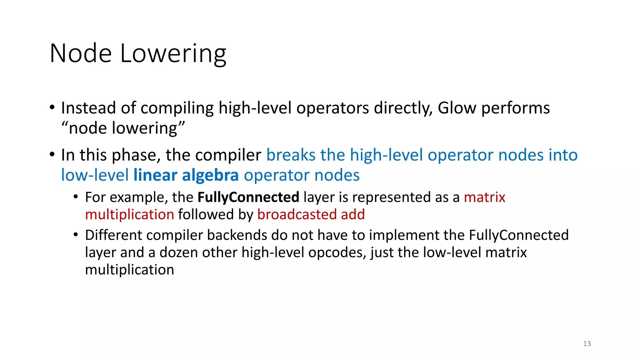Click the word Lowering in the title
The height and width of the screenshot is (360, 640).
(173, 54)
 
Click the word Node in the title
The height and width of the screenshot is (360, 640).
(81, 54)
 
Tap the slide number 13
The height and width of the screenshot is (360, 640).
(587, 343)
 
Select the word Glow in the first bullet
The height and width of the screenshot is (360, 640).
(457, 108)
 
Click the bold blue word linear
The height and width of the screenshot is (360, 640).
(155, 175)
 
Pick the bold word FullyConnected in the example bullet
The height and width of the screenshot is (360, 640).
(248, 197)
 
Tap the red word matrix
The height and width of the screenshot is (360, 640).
(484, 197)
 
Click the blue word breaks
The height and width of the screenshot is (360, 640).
(291, 155)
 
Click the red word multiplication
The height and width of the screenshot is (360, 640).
(129, 215)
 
